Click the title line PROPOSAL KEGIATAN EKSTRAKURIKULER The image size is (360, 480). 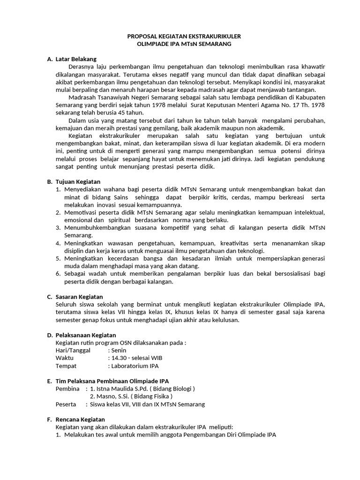click(x=180, y=36)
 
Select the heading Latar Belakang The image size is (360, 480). click(x=76, y=59)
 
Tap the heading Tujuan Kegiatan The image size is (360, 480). click(x=78, y=181)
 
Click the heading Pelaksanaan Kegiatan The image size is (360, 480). click(x=85, y=335)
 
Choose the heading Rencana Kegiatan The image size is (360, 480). click(x=80, y=419)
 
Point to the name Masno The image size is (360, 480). click(x=105, y=396)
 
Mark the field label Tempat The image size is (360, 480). click(x=66, y=366)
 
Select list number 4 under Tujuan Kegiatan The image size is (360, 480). click(x=59, y=243)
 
